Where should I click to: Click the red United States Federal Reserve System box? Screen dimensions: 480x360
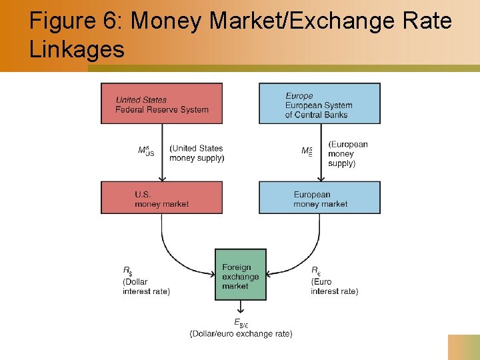point(161,103)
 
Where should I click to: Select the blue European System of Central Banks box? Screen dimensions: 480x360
point(319,103)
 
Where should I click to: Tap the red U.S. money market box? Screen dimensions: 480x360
point(161,197)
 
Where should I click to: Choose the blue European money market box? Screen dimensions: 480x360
point(319,197)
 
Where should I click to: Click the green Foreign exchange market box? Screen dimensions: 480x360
point(241,275)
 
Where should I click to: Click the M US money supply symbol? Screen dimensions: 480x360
point(146,151)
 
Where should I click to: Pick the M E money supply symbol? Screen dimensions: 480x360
point(307,151)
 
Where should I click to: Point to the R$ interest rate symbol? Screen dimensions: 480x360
point(127,271)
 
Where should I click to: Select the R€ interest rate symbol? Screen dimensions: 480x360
point(315,271)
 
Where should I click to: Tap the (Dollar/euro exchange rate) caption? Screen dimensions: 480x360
point(241,333)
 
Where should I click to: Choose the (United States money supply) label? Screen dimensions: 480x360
point(197,153)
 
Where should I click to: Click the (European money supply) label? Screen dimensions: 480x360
point(347,153)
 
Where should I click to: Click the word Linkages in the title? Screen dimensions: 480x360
point(77,49)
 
